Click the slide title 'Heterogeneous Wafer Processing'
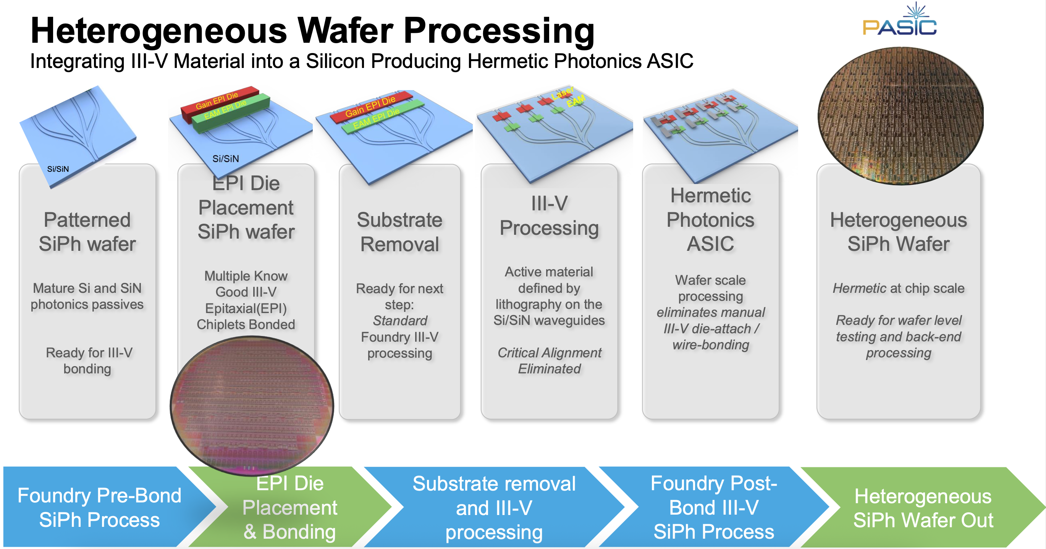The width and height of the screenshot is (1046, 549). click(312, 31)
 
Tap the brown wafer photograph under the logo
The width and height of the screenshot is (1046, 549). click(900, 116)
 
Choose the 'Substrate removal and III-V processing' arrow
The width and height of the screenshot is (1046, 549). click(494, 508)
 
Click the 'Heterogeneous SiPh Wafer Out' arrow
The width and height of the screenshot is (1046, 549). click(923, 508)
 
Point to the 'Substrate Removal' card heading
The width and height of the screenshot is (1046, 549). click(399, 232)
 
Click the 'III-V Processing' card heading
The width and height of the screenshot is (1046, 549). click(549, 216)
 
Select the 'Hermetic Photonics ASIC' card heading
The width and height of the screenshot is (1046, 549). click(710, 220)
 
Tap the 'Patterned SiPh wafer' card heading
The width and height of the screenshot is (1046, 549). click(87, 232)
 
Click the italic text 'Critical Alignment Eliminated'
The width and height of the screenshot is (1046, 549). click(549, 360)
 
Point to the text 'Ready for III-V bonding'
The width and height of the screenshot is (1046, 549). click(89, 360)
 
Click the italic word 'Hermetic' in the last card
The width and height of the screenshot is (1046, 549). click(859, 288)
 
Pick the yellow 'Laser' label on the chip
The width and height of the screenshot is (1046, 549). click(563, 94)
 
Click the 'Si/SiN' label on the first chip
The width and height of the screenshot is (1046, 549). click(58, 169)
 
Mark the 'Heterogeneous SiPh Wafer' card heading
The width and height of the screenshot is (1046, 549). click(898, 232)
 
